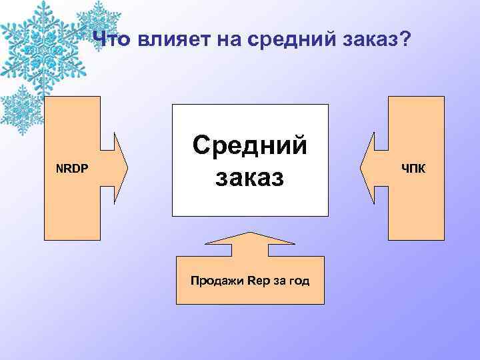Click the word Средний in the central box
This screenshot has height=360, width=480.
(x=250, y=145)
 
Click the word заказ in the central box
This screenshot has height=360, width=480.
(x=250, y=178)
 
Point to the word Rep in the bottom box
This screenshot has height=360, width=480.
(x=257, y=281)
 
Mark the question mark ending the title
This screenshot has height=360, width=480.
(x=407, y=41)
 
